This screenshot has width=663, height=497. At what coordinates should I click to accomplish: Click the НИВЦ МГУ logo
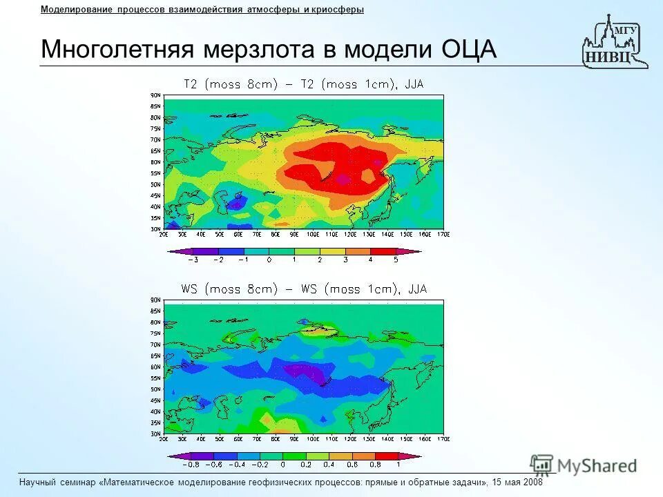pos(614,43)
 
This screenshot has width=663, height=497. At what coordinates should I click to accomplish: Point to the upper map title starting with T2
pos(303,84)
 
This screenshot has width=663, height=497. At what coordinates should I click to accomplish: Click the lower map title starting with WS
pos(303,289)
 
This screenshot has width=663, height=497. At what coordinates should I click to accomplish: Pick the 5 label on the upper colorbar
pos(396,260)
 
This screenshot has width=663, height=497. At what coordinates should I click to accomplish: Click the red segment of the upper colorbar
pos(383,251)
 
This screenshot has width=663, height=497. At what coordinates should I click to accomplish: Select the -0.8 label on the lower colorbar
pos(190,464)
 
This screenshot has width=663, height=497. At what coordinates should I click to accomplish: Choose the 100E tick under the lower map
pos(313,438)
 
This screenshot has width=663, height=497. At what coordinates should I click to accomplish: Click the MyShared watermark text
pos(597,466)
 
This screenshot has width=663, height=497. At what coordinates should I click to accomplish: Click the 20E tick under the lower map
pos(164,438)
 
